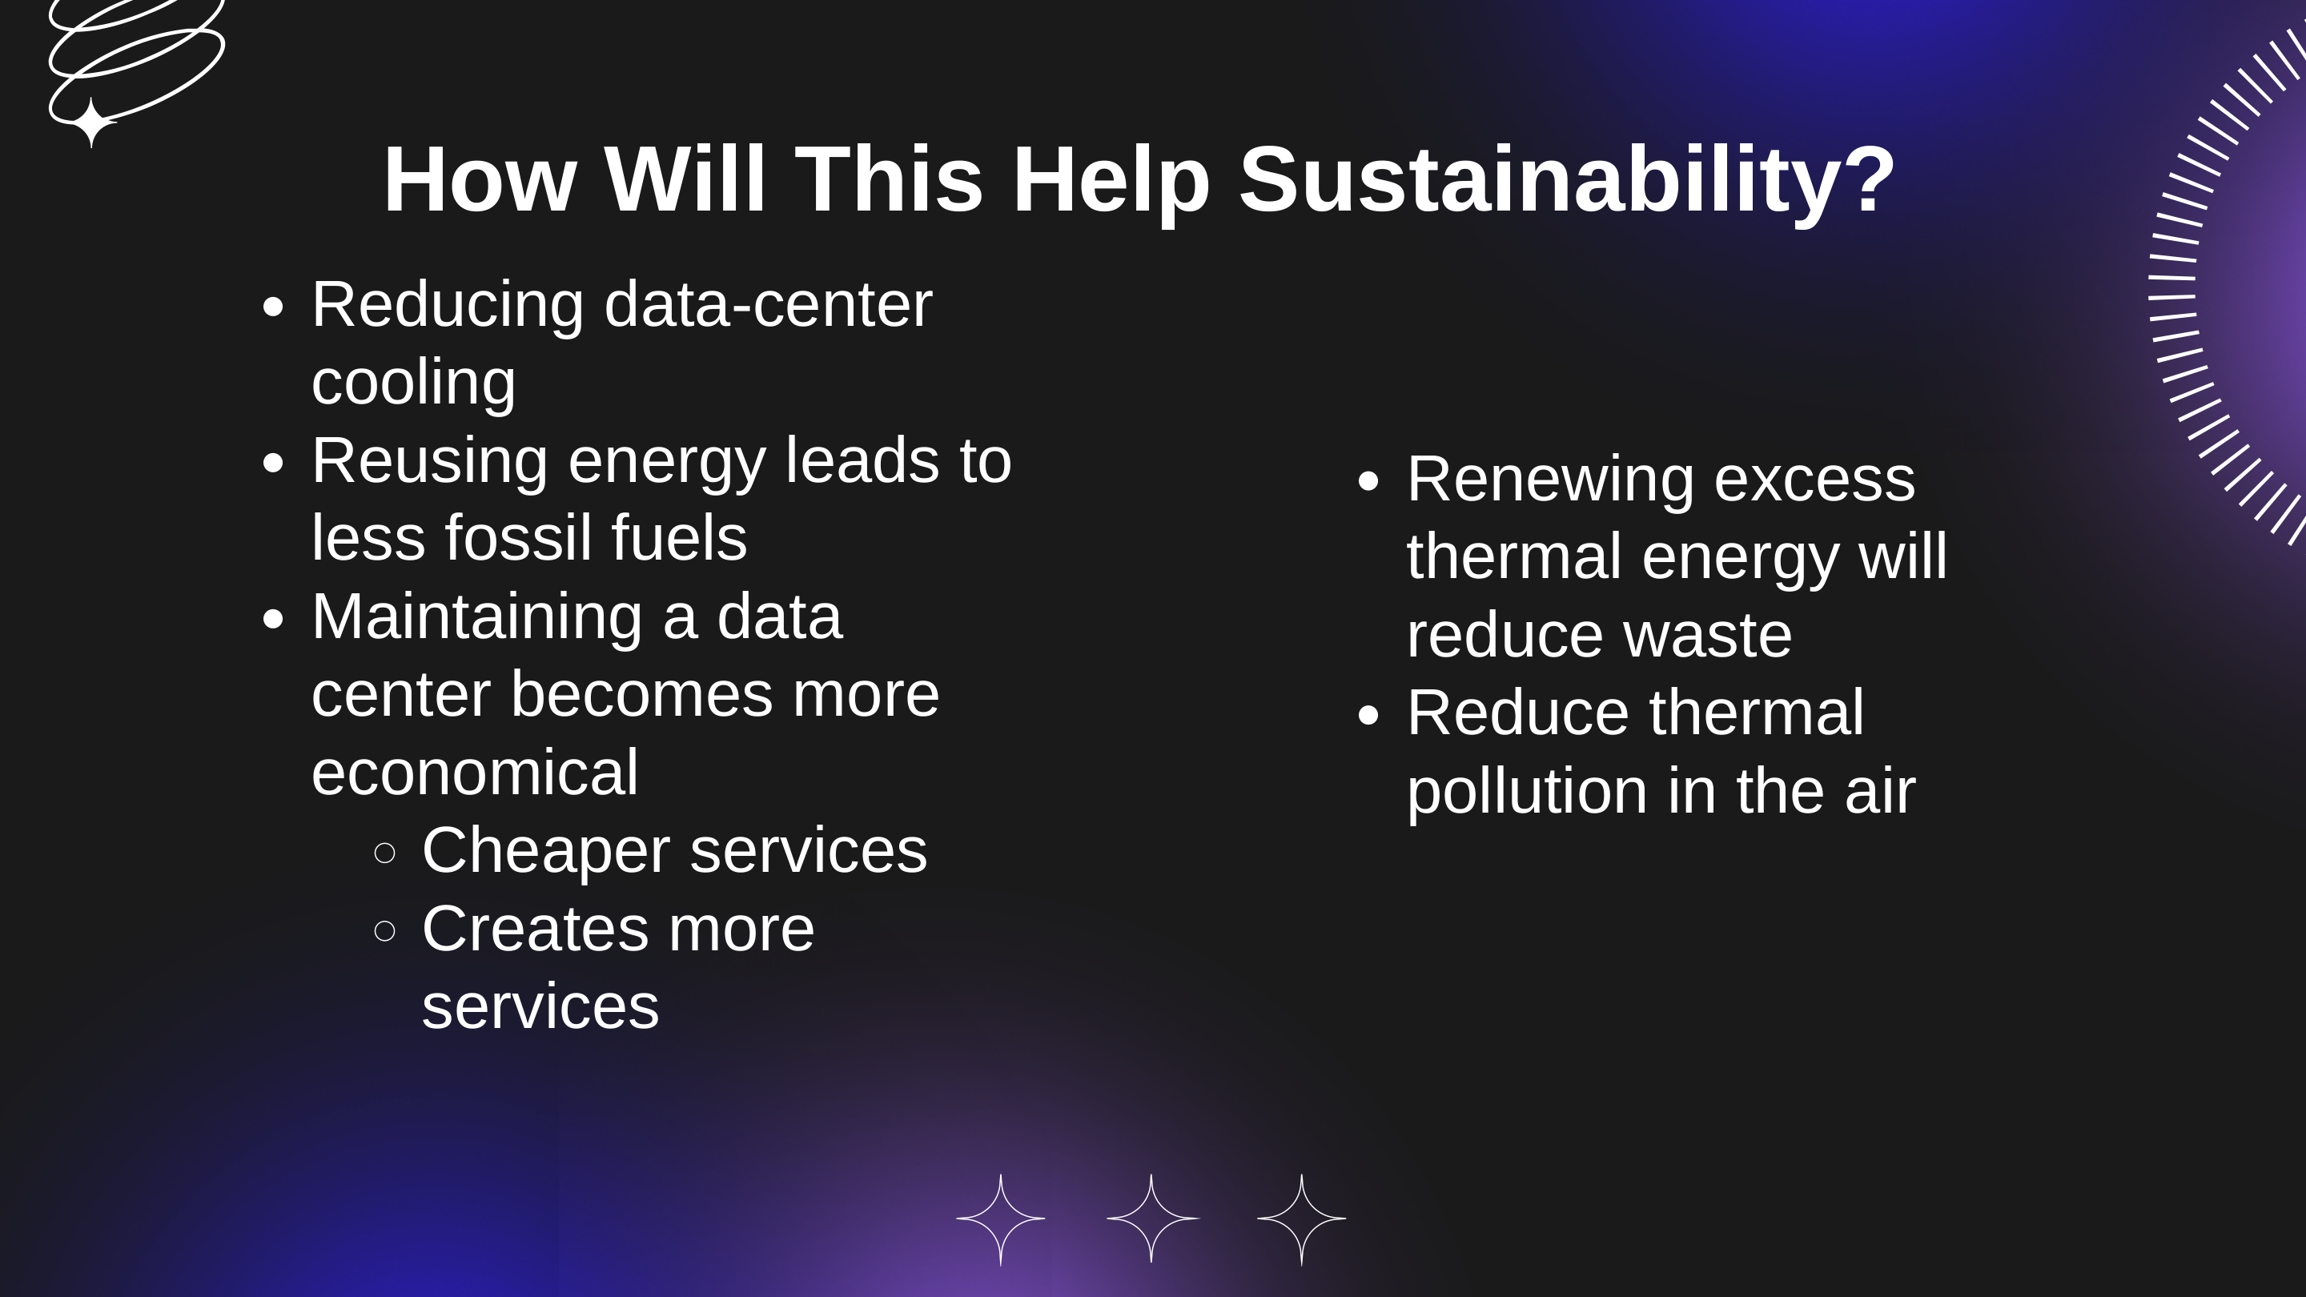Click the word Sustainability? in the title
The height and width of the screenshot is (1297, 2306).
[x=1567, y=181]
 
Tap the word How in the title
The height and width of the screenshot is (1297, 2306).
[x=479, y=181]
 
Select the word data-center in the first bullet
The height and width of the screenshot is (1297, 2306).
[x=768, y=304]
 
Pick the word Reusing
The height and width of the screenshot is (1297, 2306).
[x=430, y=462]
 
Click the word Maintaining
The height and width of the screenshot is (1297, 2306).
[x=477, y=616]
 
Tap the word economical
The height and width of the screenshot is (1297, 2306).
[x=475, y=773]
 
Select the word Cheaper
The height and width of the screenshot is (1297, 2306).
[x=545, y=850]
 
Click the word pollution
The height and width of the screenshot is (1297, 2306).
[x=1526, y=791]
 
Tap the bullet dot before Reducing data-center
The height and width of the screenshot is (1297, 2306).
[x=273, y=307]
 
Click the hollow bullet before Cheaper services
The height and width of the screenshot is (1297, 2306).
[x=385, y=853]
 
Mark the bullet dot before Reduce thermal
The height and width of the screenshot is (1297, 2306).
[x=1368, y=715]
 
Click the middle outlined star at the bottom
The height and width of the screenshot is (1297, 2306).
[x=1151, y=1219]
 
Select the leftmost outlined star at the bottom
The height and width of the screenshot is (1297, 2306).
[x=1001, y=1219]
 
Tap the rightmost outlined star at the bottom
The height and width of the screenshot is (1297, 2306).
[x=1302, y=1219]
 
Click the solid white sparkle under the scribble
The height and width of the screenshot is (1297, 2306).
[x=91, y=122]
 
